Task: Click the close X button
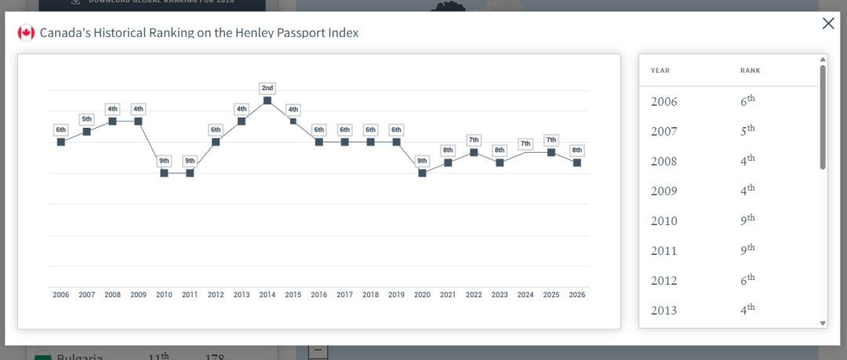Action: point(828,24)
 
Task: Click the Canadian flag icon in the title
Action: point(26,33)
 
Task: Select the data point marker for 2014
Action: point(267,100)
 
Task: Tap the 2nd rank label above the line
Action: point(267,88)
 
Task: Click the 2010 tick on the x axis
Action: point(164,295)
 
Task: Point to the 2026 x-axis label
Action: point(577,295)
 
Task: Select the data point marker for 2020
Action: point(422,173)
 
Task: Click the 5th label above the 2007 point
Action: point(86,119)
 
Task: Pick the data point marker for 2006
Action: point(60,142)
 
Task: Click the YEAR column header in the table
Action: point(660,71)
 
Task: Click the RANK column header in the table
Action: point(750,71)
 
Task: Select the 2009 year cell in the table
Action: point(663,191)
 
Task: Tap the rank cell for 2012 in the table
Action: point(747,280)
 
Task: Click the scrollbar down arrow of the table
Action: point(823,322)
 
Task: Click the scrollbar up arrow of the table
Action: point(823,59)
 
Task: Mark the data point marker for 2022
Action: point(474,152)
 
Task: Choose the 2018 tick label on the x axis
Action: point(370,295)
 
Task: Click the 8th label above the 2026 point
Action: point(577,150)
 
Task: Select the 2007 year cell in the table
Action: point(663,132)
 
